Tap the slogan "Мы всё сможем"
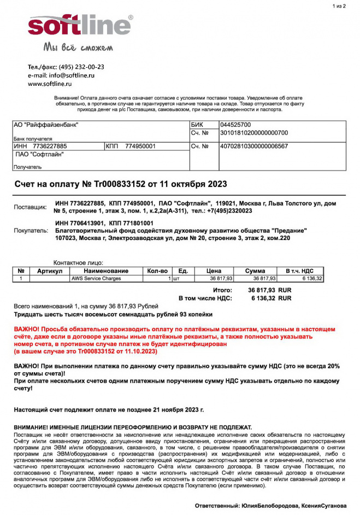point(78,48)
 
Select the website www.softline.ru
point(50,84)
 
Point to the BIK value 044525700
point(235,125)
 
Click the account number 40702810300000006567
point(254,147)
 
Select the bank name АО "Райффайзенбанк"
point(46,125)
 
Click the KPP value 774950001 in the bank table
point(140,147)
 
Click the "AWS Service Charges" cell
point(96,279)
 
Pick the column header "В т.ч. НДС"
point(300,271)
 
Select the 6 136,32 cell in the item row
point(311,279)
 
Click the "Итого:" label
point(222,290)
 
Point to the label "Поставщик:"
point(30,208)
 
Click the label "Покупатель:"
point(31,231)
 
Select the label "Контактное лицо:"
point(78,263)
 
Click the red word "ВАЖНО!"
point(26,330)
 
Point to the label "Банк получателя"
point(33,139)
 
